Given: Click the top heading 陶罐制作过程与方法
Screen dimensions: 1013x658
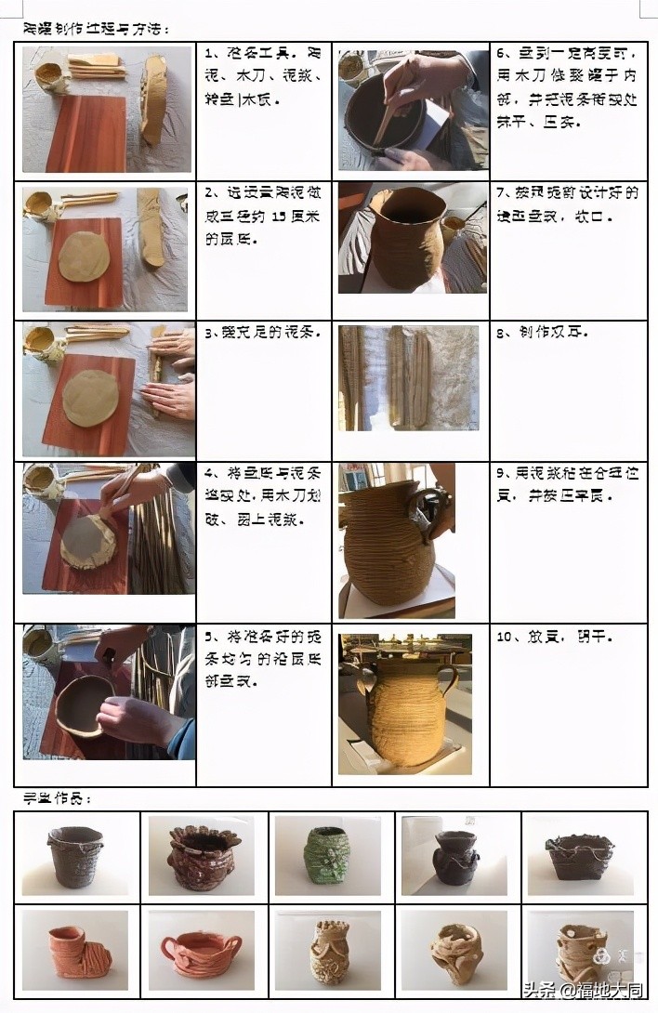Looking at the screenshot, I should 97,29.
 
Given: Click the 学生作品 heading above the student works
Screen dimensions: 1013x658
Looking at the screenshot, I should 57,798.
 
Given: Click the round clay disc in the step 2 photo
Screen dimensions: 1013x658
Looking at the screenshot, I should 84,257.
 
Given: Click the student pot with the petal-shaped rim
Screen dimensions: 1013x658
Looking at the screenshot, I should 200,855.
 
